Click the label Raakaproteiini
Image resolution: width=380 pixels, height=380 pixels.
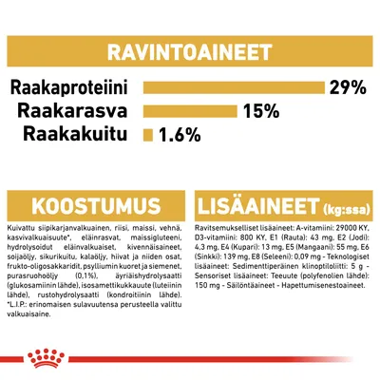click(x=76, y=88)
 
